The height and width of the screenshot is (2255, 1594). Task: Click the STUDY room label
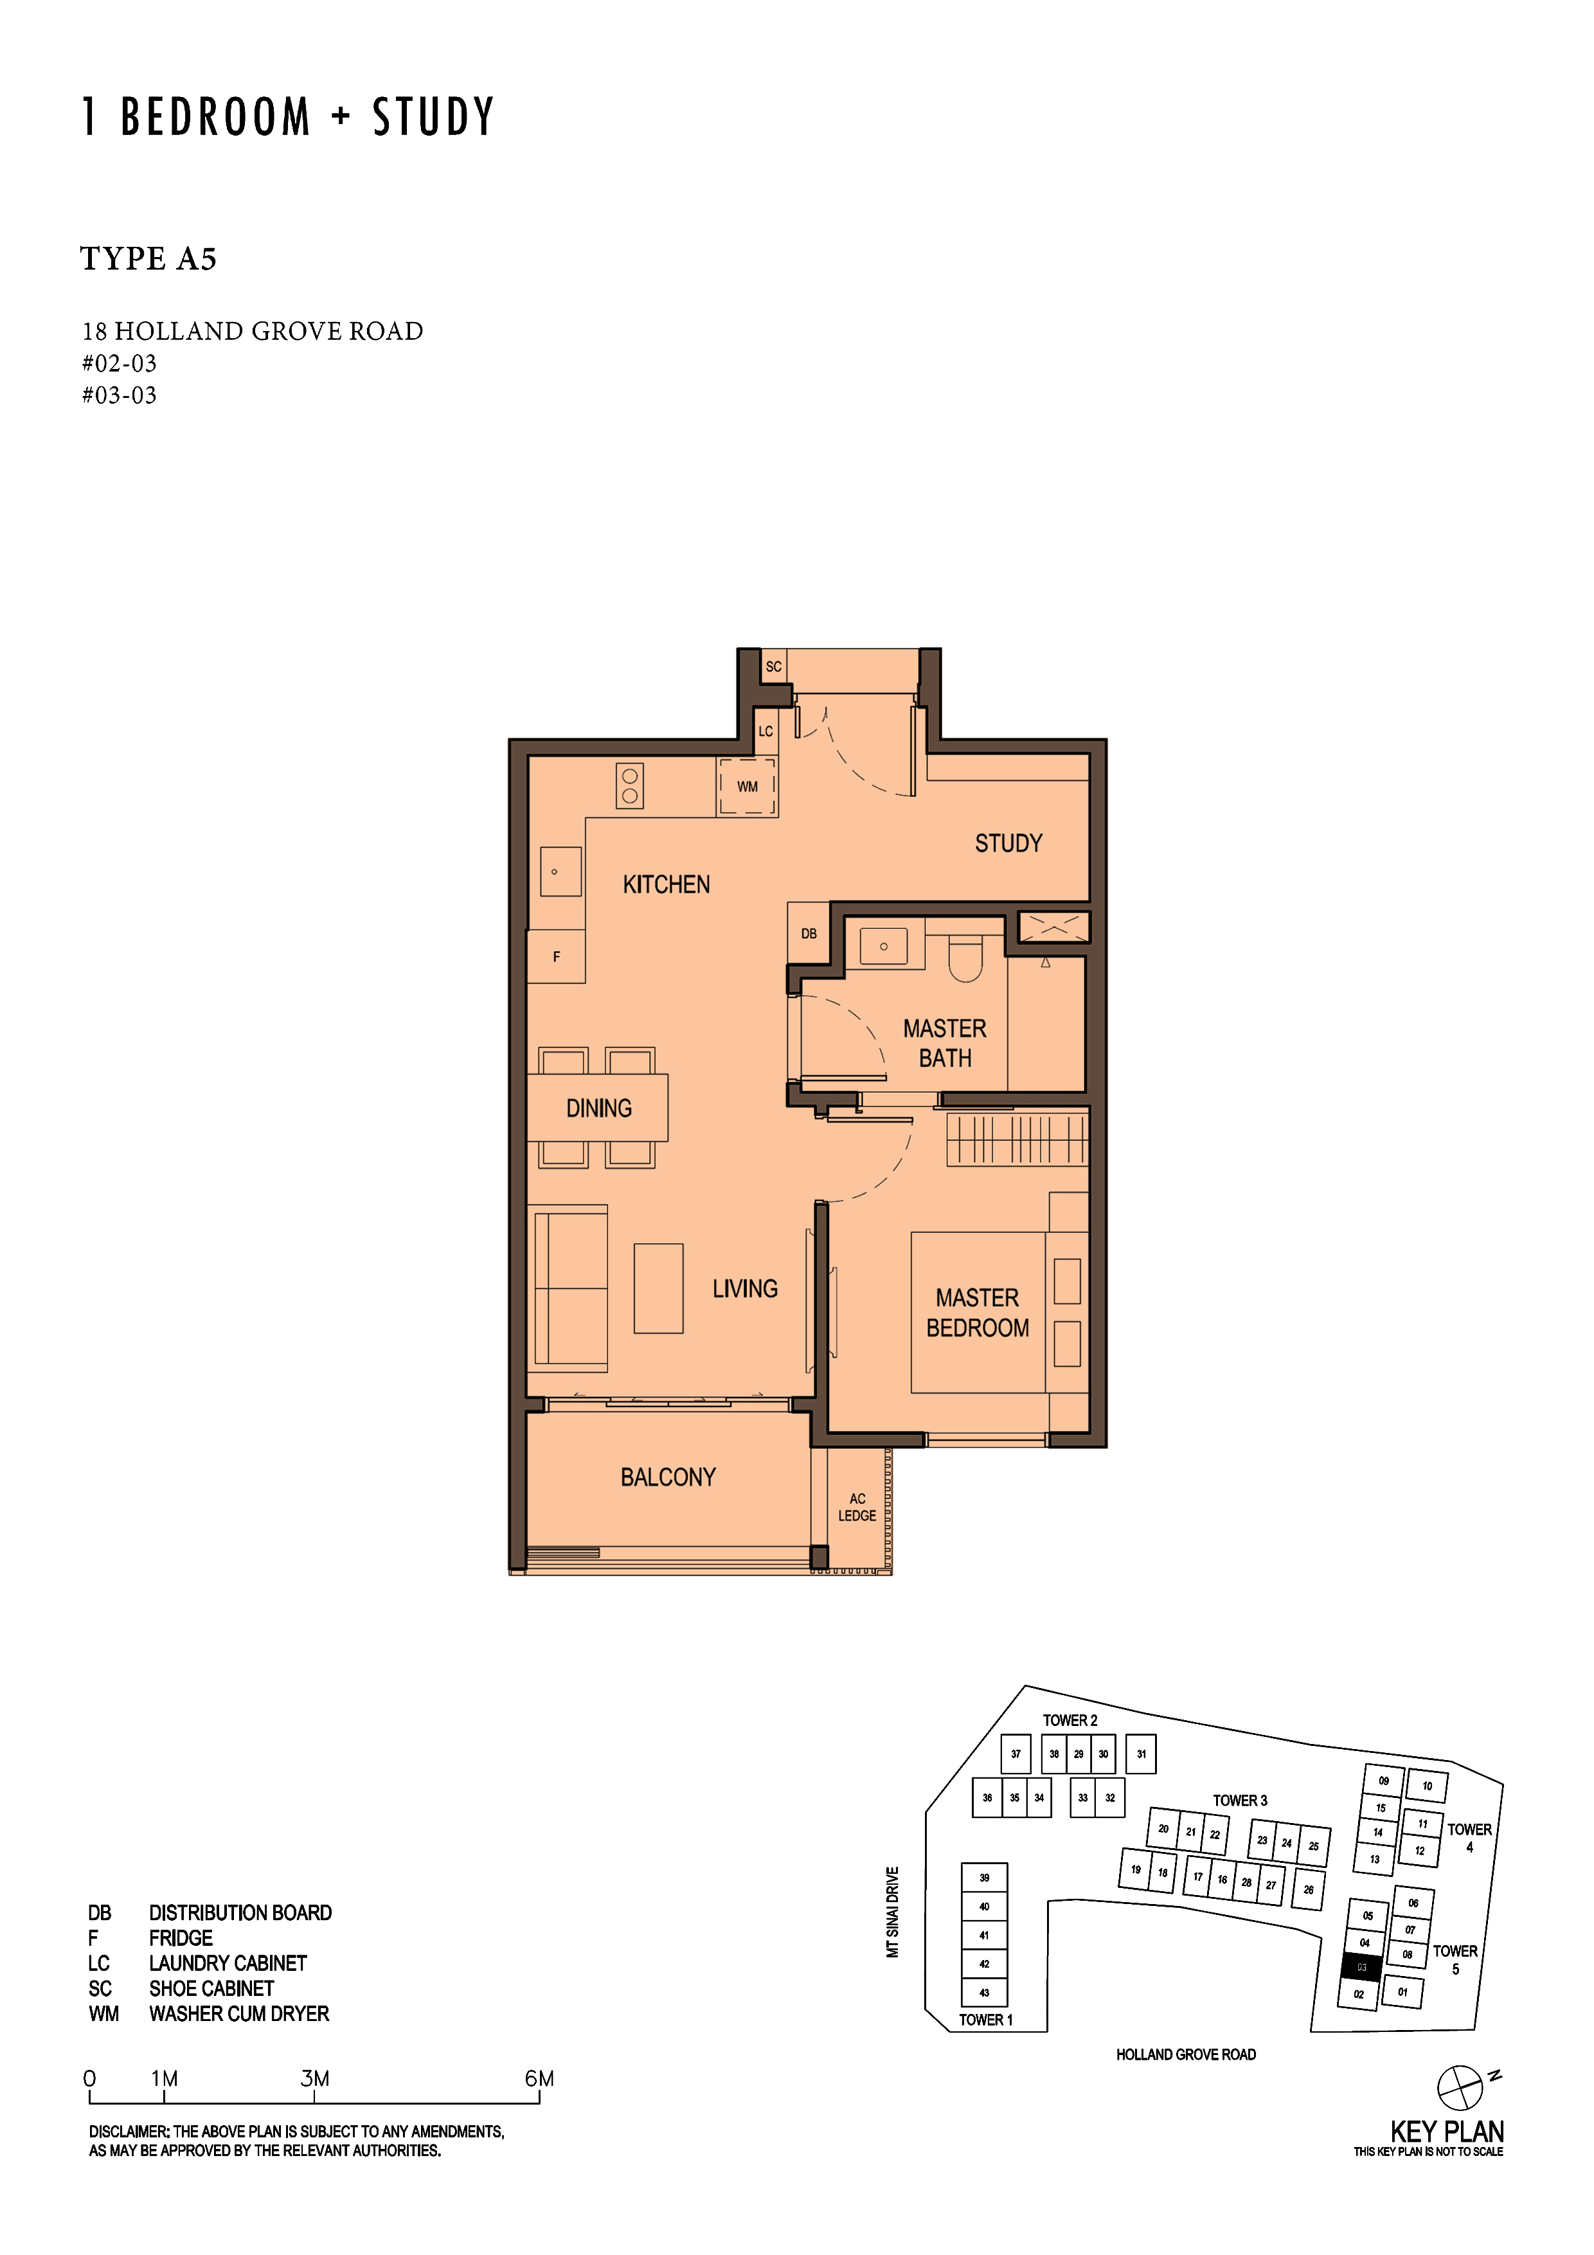[x=1008, y=843]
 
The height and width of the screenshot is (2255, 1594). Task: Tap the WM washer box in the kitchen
[x=748, y=787]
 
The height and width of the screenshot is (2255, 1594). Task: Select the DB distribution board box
[x=809, y=933]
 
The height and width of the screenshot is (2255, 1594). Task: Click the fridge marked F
[x=556, y=957]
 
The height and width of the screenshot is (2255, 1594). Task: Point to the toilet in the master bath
[x=965, y=958]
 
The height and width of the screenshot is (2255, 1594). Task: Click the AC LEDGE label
[x=857, y=1507]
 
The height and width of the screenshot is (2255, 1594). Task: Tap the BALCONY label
[x=668, y=1477]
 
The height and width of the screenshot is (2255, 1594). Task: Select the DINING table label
[x=599, y=1108]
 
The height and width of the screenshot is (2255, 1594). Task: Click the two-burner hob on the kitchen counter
[x=629, y=786]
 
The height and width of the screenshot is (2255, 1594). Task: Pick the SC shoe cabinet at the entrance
[x=774, y=667]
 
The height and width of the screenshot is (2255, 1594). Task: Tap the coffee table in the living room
[x=658, y=1289]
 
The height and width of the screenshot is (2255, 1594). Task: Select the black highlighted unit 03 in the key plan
[x=1361, y=1967]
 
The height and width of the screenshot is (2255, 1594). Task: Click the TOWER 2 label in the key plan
[x=1070, y=1721]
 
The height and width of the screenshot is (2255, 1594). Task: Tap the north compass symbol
[x=1460, y=2088]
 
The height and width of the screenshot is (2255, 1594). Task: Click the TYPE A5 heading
[x=148, y=258]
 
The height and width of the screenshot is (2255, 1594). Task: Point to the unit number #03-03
[x=119, y=395]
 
